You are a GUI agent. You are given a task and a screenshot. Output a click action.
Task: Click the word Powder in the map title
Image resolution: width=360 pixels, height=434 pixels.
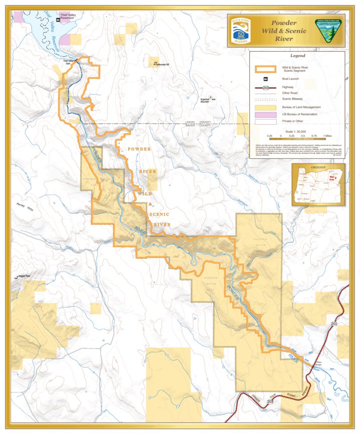[284, 23]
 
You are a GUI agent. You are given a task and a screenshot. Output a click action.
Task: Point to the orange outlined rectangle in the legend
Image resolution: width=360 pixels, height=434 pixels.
[266, 69]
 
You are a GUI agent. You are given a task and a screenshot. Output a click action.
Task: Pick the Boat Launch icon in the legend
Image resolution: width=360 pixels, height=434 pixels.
[266, 79]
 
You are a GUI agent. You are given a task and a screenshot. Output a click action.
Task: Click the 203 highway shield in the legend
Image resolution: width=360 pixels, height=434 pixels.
[266, 87]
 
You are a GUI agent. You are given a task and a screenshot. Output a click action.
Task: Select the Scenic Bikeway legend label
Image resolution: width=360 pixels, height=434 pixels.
[292, 99]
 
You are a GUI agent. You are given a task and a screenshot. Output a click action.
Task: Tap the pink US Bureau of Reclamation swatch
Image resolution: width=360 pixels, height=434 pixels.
[266, 115]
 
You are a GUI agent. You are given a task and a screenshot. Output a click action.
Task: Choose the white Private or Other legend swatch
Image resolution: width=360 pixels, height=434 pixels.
[266, 121]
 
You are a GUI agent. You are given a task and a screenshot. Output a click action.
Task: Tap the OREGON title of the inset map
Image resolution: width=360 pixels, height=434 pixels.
[317, 167]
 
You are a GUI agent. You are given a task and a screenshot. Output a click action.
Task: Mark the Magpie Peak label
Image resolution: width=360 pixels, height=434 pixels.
[24, 276]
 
